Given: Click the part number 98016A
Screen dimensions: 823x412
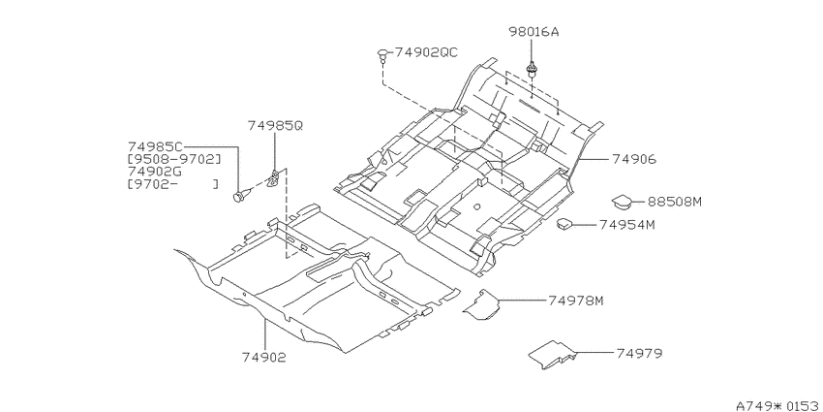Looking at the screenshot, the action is (x=533, y=32).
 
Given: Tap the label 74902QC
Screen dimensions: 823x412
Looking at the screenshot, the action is (x=426, y=52).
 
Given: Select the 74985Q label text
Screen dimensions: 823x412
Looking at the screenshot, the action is (x=275, y=126).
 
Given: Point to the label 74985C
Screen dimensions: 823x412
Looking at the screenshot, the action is (x=155, y=146).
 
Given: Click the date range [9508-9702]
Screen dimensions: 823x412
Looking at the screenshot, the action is (x=174, y=159).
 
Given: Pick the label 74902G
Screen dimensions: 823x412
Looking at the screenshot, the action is (x=155, y=172).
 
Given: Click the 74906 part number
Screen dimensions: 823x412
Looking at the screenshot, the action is (x=634, y=159).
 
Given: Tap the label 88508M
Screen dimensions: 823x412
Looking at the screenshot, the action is (x=674, y=202).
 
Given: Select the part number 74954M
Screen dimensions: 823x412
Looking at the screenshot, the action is (x=627, y=225).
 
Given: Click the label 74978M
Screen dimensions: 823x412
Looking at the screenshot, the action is (x=576, y=301).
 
